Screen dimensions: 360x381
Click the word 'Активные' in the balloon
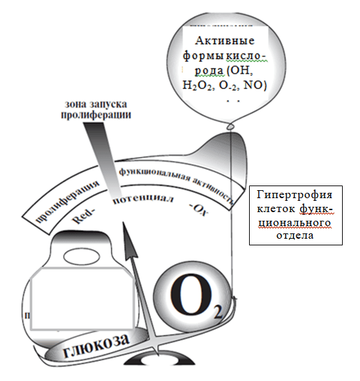coord(225,41)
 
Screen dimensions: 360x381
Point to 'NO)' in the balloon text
coord(255,85)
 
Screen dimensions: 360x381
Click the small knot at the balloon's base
coord(230,127)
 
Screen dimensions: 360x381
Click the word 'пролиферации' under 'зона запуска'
coord(96,114)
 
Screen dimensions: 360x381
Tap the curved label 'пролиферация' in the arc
coord(68,200)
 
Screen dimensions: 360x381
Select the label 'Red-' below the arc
coord(84,217)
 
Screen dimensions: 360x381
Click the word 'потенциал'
coord(143,199)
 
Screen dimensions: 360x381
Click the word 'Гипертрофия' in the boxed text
coord(294,195)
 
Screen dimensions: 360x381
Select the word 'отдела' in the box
coord(295,235)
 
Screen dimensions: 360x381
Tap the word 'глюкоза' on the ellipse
coord(96,346)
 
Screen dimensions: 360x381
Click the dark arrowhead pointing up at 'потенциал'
coord(130,241)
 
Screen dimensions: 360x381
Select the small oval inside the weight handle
coord(82,257)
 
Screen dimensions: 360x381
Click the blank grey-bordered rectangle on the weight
coord(82,299)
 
